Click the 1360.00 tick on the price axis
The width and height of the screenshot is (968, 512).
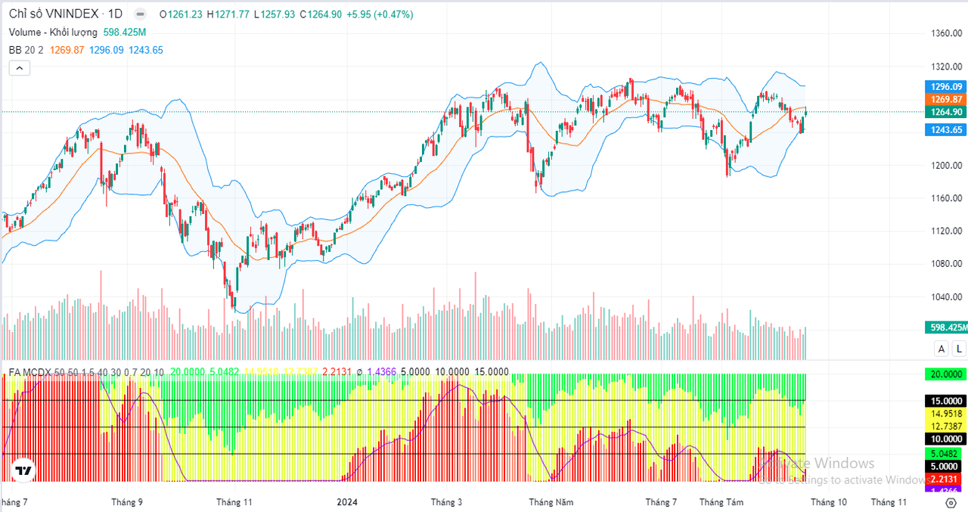coord(945,33)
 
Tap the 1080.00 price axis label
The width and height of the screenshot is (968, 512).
coord(945,263)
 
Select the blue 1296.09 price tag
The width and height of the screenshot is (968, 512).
coord(946,87)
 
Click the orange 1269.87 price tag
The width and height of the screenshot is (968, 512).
coord(946,99)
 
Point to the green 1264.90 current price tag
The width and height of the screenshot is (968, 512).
coord(946,112)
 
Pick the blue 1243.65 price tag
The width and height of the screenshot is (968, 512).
coord(946,130)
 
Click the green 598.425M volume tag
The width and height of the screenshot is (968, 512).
coord(946,327)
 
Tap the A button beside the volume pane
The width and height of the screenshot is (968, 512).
coord(942,349)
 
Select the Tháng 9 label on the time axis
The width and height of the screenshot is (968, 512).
coord(127,501)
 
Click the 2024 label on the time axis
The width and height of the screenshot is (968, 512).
coord(347,501)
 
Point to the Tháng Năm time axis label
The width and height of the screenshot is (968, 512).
coord(551,501)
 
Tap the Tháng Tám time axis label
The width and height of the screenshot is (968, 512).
coord(721,501)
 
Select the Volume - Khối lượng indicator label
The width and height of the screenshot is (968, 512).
coord(53,32)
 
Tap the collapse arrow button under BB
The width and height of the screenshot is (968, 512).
coord(20,68)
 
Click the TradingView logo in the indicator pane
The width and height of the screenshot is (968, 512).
coord(23,470)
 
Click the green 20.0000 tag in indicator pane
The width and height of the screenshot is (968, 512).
coord(946,374)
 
